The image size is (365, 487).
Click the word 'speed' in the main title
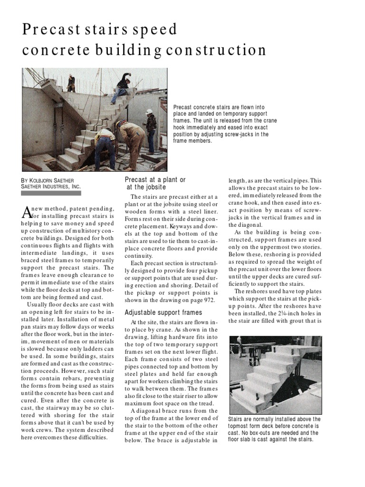[152, 29]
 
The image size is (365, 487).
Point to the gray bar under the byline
[52, 194]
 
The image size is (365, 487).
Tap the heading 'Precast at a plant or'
[155, 179]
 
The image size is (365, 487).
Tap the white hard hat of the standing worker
[149, 112]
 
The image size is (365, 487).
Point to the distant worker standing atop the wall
[71, 83]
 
